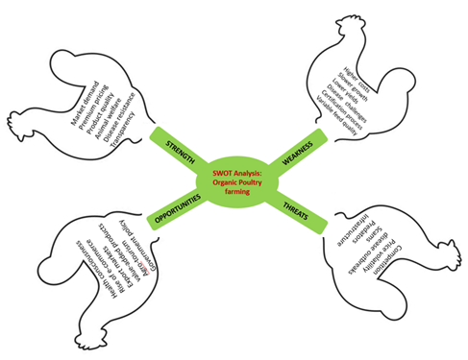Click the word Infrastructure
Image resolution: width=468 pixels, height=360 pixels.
click(336, 233)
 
